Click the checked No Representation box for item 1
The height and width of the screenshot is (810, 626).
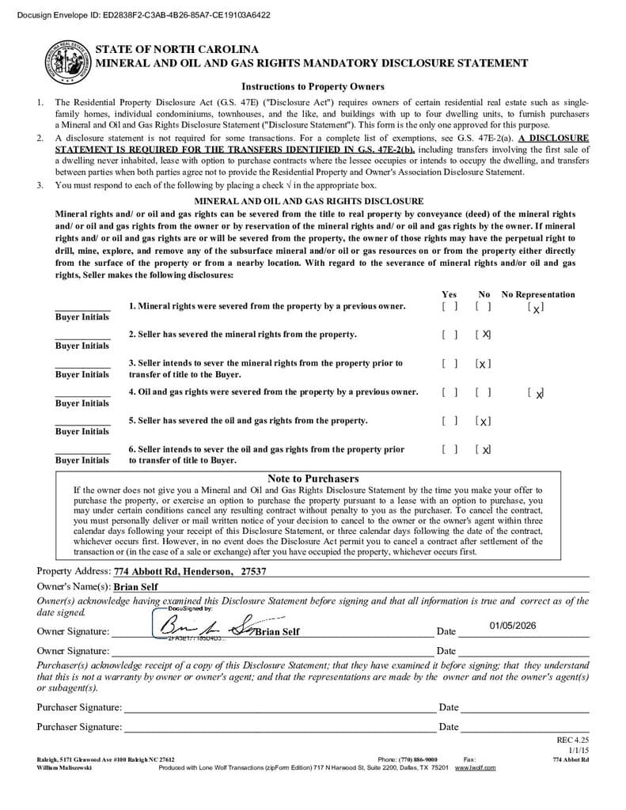tap(536, 307)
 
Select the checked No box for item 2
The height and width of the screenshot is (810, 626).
tap(484, 335)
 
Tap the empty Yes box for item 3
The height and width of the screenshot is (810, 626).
tap(450, 364)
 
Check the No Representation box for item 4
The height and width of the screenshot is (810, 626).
tap(536, 392)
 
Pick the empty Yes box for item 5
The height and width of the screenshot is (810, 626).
tap(450, 421)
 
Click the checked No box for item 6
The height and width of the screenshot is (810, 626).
tap(484, 449)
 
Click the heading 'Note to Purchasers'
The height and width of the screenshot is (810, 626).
tap(313, 479)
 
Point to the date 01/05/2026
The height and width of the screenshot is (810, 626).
tap(512, 626)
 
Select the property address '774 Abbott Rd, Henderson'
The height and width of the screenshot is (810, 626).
tap(173, 571)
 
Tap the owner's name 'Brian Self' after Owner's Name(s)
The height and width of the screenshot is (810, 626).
tap(136, 587)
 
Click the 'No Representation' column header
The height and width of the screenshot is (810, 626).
tap(538, 294)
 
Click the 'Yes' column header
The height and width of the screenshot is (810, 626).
tap(449, 294)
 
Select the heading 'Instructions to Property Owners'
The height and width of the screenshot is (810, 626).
tap(313, 87)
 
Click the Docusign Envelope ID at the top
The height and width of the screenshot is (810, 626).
tap(137, 14)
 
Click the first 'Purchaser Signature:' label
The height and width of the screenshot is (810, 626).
tap(79, 707)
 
